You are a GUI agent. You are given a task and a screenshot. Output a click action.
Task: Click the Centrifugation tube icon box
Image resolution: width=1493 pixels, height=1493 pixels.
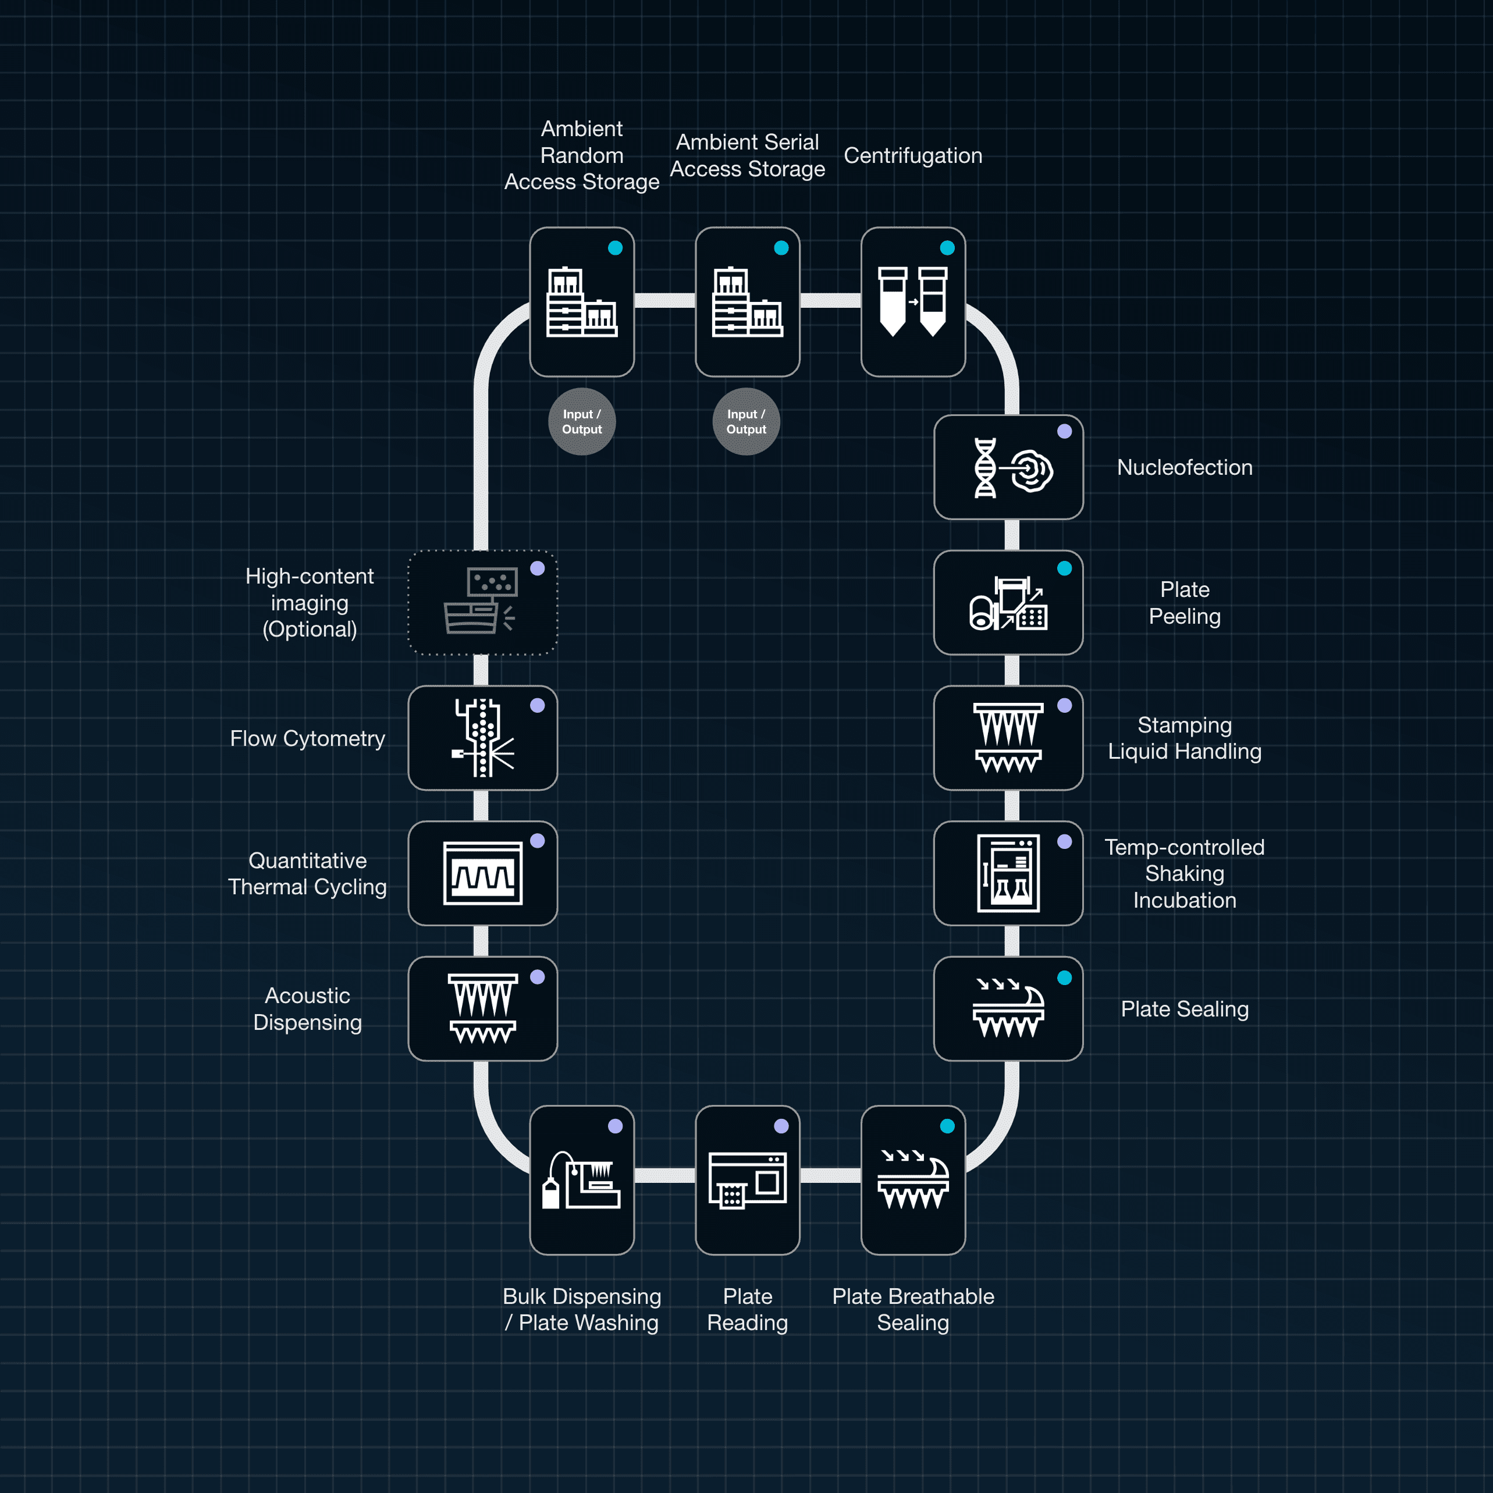[x=913, y=301]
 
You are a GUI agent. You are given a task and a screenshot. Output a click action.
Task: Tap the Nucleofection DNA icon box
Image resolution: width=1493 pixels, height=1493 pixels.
[x=1008, y=467]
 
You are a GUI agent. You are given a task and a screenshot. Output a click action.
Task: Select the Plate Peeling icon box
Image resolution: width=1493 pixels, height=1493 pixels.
[x=1008, y=602]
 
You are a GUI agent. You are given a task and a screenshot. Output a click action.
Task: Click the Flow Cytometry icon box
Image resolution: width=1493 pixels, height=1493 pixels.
[x=482, y=737]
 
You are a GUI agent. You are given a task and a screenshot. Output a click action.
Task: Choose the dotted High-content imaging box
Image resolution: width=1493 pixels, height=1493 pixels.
[x=482, y=602]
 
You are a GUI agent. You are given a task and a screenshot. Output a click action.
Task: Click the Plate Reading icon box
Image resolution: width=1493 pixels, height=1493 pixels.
[x=747, y=1179]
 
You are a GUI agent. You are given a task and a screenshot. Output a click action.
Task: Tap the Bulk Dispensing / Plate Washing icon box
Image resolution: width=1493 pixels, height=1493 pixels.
[x=582, y=1179]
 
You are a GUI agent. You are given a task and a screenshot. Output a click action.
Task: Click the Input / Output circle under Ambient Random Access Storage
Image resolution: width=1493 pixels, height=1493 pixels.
[x=582, y=421]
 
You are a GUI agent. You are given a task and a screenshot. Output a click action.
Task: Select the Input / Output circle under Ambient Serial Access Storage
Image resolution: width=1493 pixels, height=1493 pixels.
[x=746, y=421]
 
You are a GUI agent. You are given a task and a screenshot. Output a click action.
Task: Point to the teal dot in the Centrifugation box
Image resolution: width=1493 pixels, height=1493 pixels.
[x=947, y=248]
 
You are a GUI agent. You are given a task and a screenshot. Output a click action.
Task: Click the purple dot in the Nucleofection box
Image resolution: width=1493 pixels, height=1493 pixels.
[x=1064, y=431]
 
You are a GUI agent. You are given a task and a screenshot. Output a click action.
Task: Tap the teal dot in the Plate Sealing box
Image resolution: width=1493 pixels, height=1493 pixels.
[x=1064, y=977]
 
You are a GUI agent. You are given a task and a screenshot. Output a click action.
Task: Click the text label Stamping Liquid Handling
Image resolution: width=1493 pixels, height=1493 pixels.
[x=1184, y=737]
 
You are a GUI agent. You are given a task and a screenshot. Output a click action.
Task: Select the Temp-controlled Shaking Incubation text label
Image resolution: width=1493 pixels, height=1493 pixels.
[x=1184, y=873]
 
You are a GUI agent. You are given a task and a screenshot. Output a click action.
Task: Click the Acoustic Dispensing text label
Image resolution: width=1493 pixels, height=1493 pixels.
[x=308, y=1008]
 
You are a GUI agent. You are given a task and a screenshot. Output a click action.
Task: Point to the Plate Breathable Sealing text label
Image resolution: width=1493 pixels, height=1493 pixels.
[x=913, y=1309]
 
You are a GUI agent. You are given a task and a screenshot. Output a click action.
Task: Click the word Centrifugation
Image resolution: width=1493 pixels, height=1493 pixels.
[x=913, y=155]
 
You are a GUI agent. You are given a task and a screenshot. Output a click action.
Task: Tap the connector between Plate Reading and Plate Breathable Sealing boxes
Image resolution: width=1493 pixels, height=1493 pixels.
[x=830, y=1175]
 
